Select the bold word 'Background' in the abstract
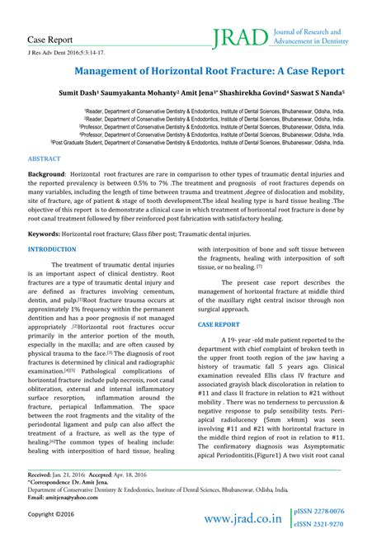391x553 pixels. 46,176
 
